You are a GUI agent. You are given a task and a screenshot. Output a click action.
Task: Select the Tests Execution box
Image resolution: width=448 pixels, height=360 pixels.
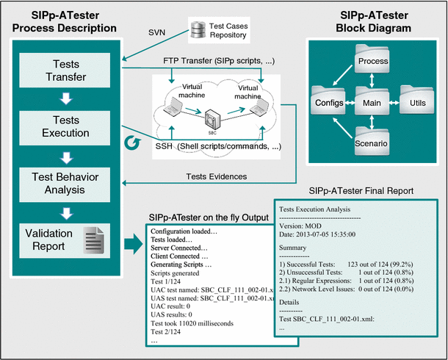62,126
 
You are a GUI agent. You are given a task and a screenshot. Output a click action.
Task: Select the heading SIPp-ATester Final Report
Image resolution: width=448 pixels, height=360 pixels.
358,189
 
